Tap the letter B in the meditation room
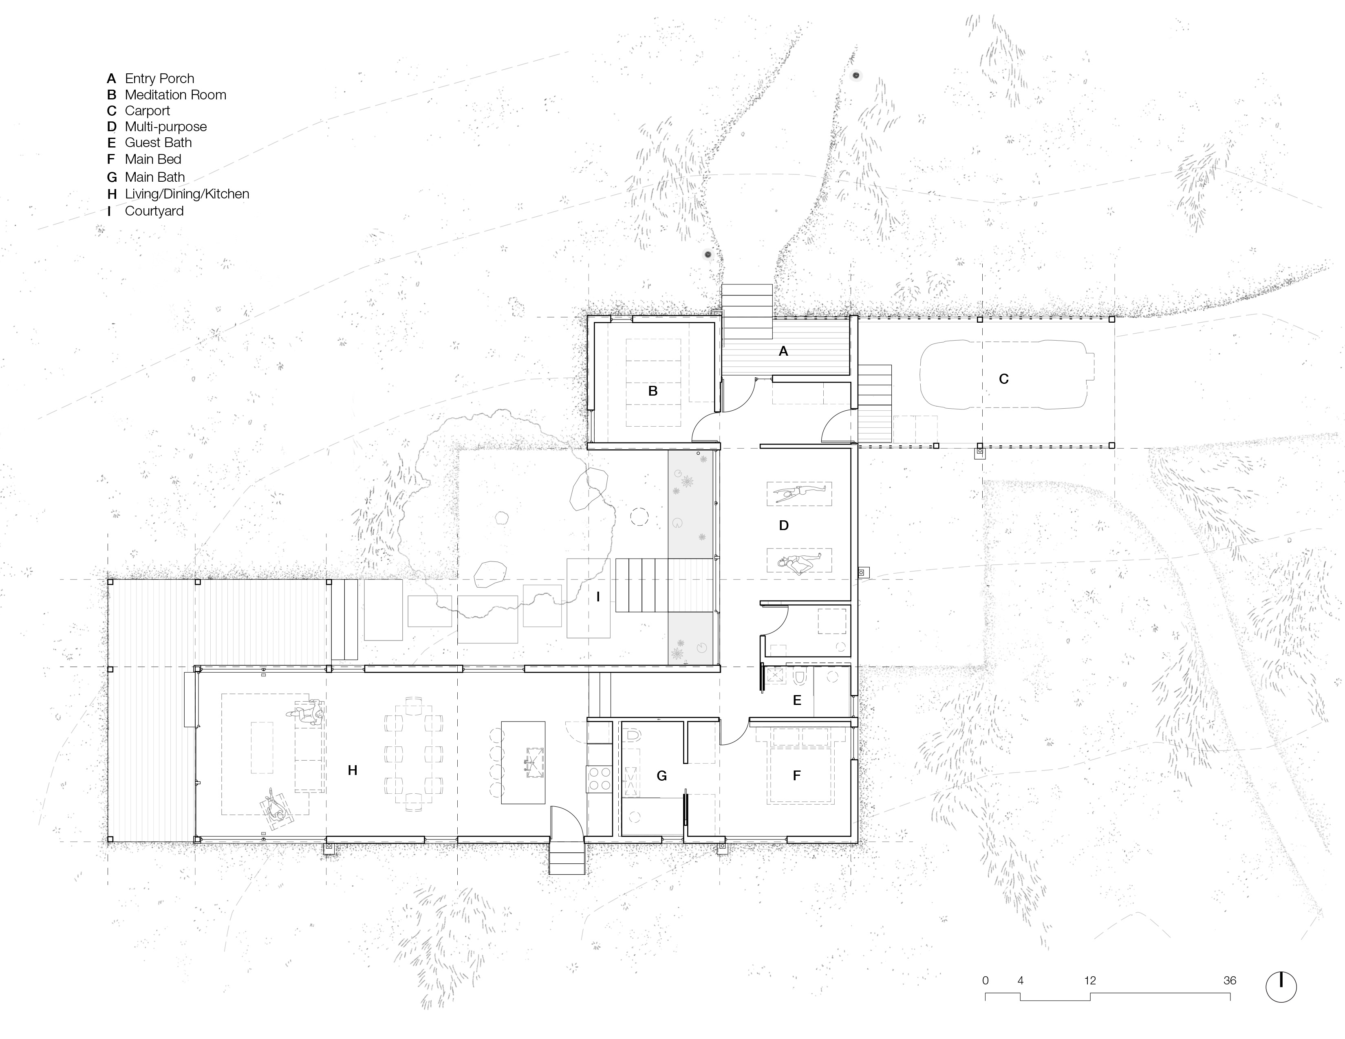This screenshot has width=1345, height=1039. (653, 391)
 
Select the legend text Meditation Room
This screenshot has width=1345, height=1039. (176, 95)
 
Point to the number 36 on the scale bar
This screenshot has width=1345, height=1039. (1229, 980)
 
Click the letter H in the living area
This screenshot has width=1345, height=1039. (352, 770)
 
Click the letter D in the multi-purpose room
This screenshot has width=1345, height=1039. (783, 525)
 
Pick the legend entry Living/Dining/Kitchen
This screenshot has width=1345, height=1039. (187, 194)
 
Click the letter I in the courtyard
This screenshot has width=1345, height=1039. (598, 597)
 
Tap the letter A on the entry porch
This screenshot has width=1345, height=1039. (783, 351)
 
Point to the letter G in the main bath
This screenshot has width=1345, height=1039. (661, 775)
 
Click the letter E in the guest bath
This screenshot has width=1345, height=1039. (797, 700)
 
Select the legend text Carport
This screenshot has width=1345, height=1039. (147, 111)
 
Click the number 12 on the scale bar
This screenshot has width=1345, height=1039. (1090, 980)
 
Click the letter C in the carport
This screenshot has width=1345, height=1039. (1004, 379)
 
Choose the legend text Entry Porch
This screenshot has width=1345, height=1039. (159, 79)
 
